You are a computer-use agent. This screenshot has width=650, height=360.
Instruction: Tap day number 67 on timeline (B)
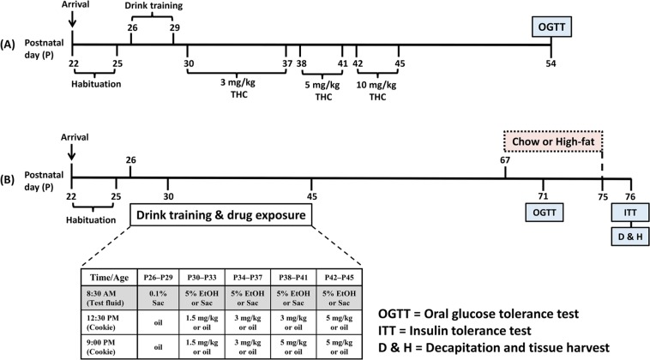[x=505, y=159]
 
